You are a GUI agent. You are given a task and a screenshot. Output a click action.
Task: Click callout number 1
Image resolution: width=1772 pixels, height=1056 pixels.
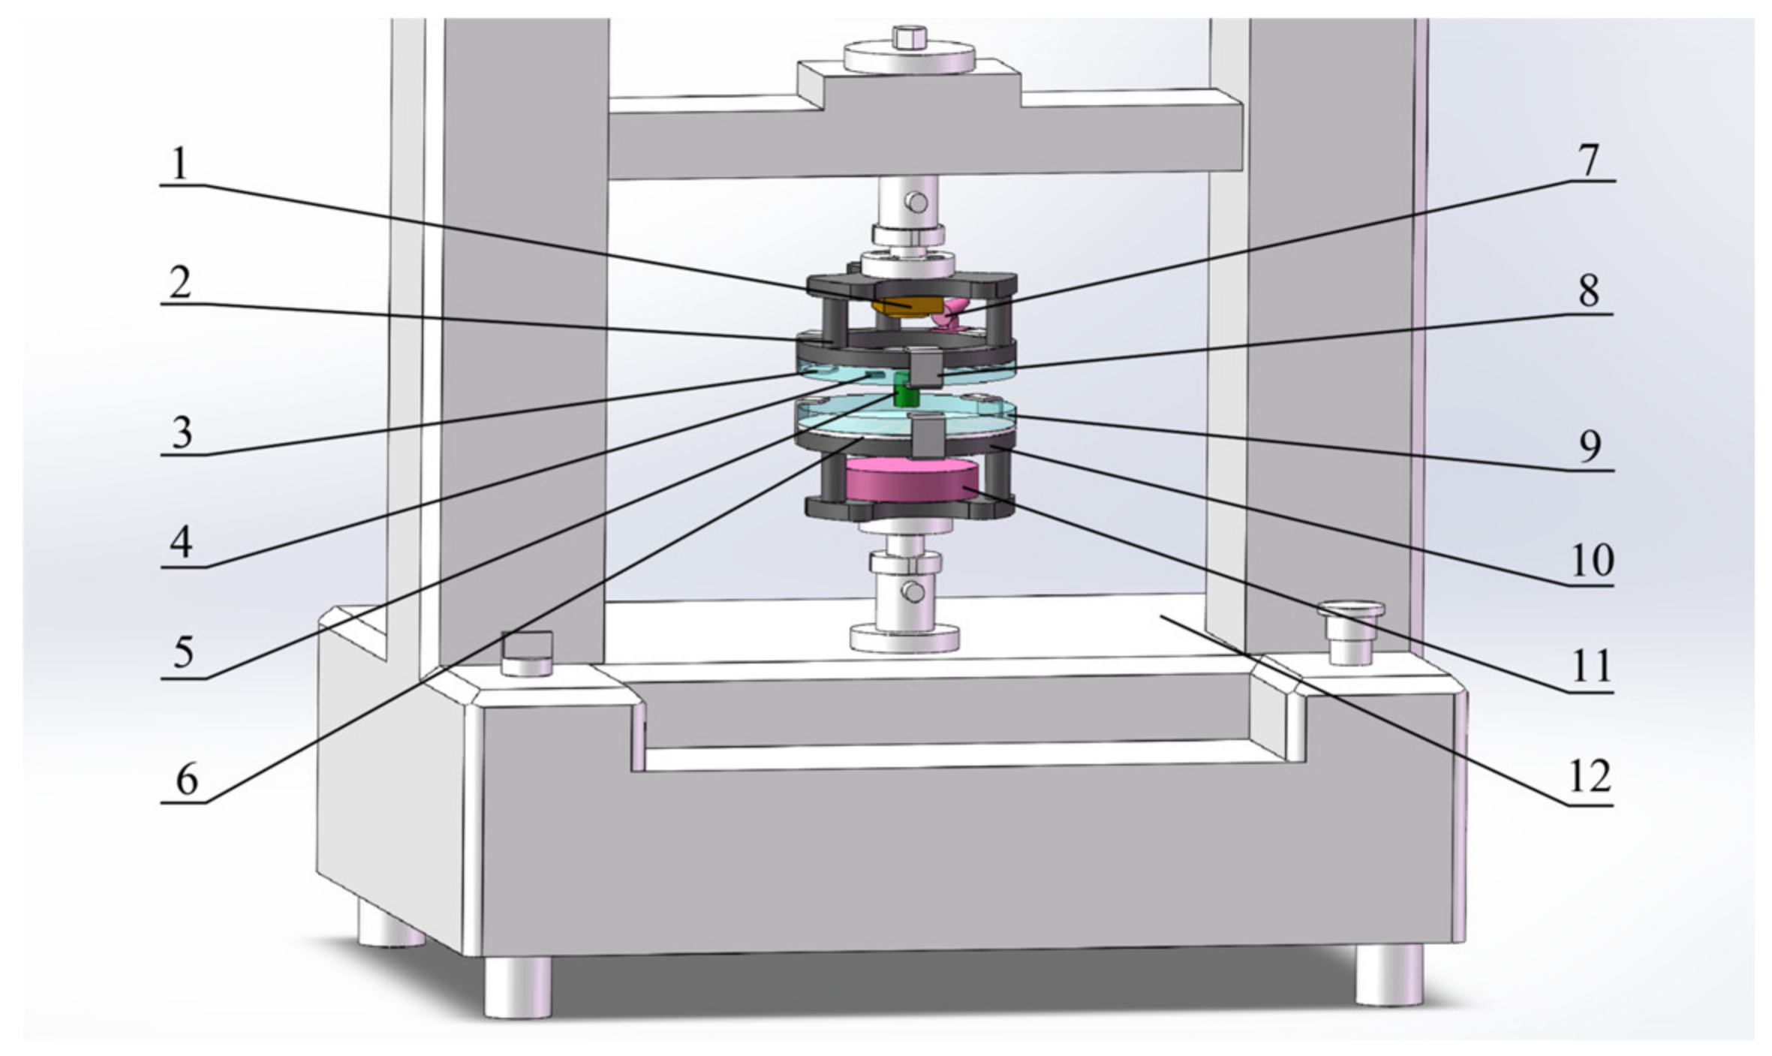(179, 164)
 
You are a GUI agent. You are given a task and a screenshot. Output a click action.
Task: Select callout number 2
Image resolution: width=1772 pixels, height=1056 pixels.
(180, 285)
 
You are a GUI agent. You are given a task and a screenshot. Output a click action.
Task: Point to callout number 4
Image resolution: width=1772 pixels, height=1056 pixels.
(181, 543)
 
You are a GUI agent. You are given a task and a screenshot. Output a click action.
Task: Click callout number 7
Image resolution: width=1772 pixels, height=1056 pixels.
(1587, 161)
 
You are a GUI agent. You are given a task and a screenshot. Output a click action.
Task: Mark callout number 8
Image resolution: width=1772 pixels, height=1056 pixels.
(1588, 291)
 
